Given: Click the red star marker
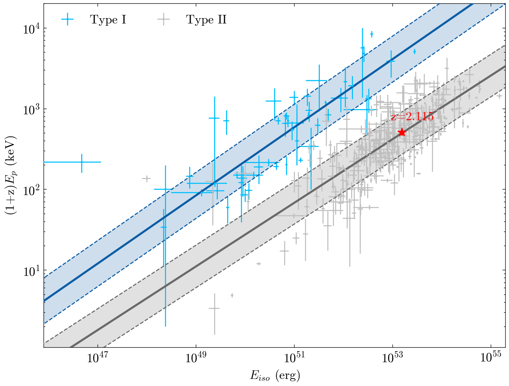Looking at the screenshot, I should click(x=401, y=132).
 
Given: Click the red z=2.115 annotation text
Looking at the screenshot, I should click(x=412, y=117).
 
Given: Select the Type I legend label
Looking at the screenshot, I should click(x=108, y=20).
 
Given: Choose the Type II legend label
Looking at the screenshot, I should click(x=206, y=20).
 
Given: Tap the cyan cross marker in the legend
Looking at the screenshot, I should click(x=67, y=20).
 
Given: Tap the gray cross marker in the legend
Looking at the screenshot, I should click(x=163, y=20).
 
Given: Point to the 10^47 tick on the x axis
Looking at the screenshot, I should click(x=98, y=358).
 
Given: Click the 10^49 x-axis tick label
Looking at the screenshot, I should click(x=196, y=358).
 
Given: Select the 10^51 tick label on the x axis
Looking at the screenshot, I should click(x=294, y=358).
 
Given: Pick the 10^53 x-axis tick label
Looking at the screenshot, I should click(x=392, y=358).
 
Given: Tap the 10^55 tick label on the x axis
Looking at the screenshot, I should click(x=491, y=358).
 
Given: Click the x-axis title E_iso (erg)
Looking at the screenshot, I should click(x=275, y=376).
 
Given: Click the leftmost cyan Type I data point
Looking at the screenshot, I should click(x=82, y=162).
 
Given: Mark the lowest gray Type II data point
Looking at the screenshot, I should click(x=214, y=308).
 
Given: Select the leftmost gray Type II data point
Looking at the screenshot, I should click(x=146, y=179).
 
